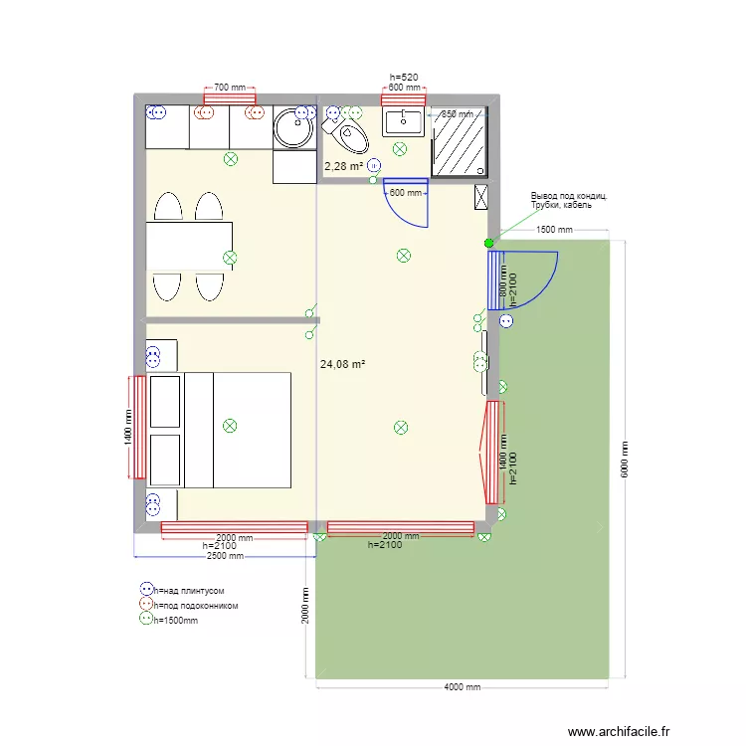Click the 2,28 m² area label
point(343,166)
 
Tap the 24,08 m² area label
point(343,365)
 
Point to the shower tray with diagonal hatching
point(459,141)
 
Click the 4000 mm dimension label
point(461,686)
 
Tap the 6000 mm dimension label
point(626,460)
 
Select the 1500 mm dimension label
point(555,230)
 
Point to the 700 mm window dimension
point(230,88)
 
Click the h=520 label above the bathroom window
point(403,77)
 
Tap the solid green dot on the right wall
point(488,243)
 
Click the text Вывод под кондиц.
point(569,196)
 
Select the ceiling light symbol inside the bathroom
point(399,149)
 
